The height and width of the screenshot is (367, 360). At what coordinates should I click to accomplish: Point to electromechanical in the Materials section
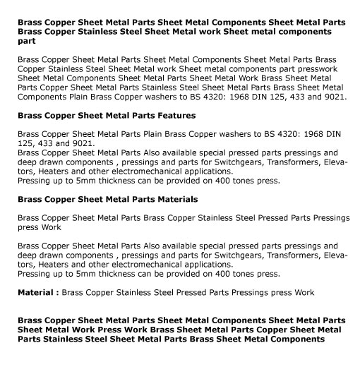point(138,265)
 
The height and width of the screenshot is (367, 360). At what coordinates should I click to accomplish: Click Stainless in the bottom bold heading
point(66,339)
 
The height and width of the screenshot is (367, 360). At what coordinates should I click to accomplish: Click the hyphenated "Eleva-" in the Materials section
point(333,255)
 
